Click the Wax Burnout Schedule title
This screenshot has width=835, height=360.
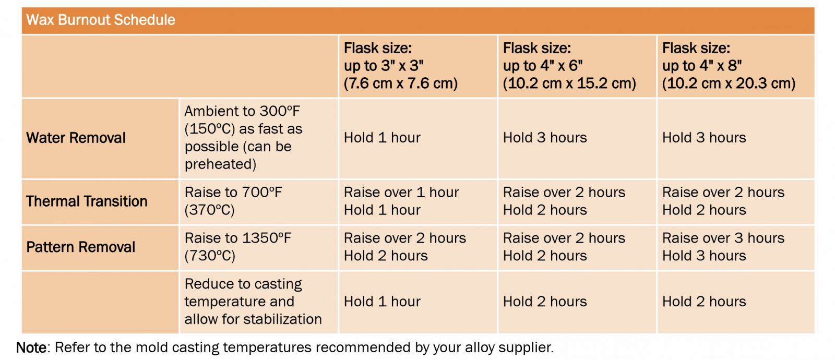(x=101, y=20)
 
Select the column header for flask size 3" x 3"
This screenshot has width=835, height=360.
(x=401, y=66)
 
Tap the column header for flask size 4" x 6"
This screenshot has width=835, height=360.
(x=569, y=66)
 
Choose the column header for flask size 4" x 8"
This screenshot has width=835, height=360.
(x=729, y=66)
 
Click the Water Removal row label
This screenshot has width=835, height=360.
(x=76, y=138)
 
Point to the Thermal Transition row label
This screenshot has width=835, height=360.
(x=87, y=201)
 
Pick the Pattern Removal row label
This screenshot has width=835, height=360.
(x=80, y=247)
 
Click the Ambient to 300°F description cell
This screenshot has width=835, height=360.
(x=243, y=138)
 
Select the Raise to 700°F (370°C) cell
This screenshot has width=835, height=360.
(x=233, y=201)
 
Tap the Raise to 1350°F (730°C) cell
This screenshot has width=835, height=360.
(x=238, y=247)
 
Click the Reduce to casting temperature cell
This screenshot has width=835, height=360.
(x=253, y=302)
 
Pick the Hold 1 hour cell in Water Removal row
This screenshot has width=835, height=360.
(x=382, y=138)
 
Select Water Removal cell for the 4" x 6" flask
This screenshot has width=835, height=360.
(x=545, y=138)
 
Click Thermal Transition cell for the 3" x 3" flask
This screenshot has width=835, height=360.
(x=401, y=201)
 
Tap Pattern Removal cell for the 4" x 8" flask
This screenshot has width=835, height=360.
(x=723, y=247)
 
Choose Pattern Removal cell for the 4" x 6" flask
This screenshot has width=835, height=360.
(x=564, y=247)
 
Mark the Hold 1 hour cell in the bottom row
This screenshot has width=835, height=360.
(x=382, y=302)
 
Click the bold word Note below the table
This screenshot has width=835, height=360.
(x=31, y=347)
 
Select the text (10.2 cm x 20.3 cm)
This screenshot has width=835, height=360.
(x=729, y=83)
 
